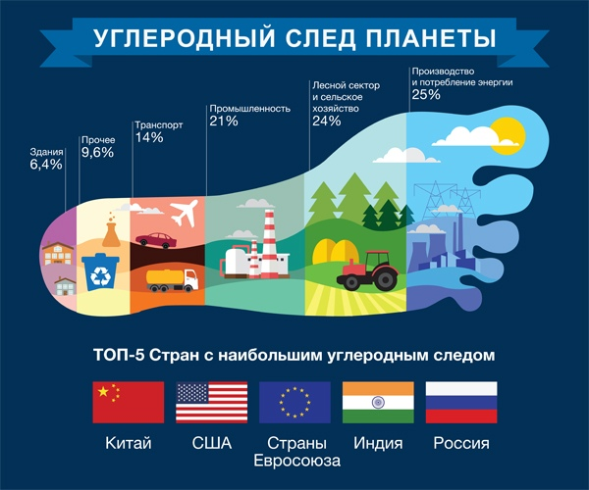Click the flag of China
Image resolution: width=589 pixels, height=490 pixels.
pos(129,402)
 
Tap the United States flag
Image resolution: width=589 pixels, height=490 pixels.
pos(212,402)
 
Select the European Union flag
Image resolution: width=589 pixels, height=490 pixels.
pos(294,402)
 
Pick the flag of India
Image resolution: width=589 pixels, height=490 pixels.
pos(378,402)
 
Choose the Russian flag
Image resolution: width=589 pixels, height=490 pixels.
pos(461,402)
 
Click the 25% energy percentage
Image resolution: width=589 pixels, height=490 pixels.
pos(426,94)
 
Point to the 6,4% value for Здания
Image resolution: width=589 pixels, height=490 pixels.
pos(46,165)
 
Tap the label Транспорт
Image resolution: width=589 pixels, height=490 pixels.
pos(159,124)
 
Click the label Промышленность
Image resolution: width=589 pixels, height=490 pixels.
pos(249,109)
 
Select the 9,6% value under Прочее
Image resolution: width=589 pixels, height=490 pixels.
pos(97,152)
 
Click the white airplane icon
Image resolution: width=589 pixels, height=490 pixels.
pos(184,213)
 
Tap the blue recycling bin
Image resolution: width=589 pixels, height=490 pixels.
pos(100,272)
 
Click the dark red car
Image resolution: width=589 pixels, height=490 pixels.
pos(156,240)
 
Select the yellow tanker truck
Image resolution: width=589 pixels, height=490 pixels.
pos(173,280)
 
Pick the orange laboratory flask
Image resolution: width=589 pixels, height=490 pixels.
pos(112,230)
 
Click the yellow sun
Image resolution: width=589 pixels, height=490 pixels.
pos(508,135)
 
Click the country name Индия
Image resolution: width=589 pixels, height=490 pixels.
pos(378,443)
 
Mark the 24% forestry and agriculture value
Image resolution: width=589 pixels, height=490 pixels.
pos(327,121)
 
